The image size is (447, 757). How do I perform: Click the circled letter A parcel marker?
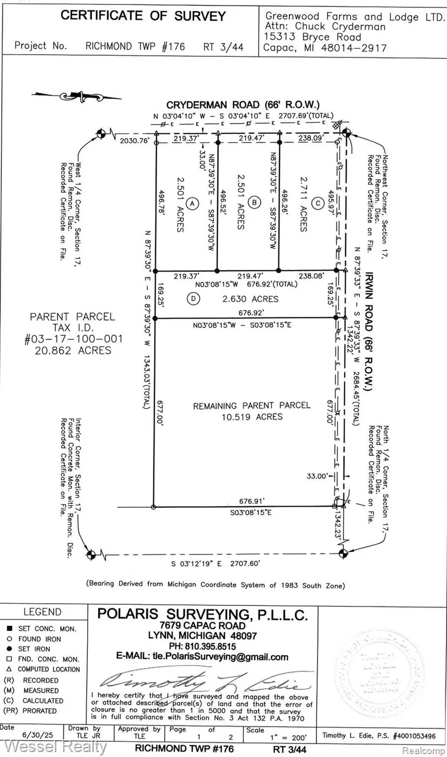(191, 203)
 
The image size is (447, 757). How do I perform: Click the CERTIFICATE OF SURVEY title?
(142, 16)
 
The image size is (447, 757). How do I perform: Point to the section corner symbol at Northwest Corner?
(346, 132)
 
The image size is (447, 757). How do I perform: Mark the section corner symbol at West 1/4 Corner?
(101, 132)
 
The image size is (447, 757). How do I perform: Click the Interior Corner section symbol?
(90, 554)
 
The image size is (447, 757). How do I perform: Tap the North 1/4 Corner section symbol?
(342, 553)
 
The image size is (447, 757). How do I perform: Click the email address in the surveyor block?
(202, 657)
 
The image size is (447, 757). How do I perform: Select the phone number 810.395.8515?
(202, 646)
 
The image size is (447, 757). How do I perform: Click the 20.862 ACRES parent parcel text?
(76, 350)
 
